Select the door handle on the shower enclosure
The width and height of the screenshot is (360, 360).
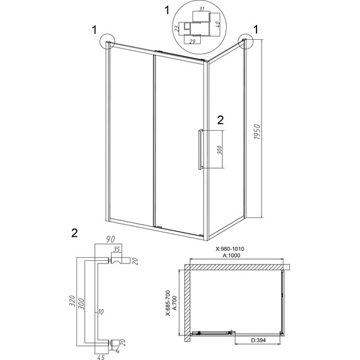[200, 149]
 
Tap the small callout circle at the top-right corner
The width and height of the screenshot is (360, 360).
[244, 42]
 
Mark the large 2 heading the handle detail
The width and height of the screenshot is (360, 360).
[75, 232]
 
